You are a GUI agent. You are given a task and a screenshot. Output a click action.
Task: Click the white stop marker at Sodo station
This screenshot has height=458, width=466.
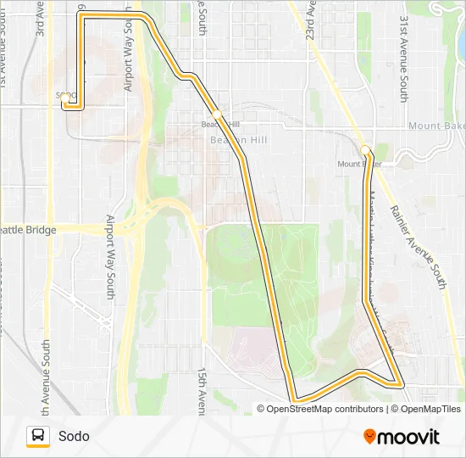(65, 98)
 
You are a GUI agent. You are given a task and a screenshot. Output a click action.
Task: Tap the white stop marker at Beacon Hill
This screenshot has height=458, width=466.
(217, 114)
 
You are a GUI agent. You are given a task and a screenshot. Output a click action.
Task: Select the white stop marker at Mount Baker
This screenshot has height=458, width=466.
(365, 150)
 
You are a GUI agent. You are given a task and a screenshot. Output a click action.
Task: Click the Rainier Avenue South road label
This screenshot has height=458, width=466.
(417, 246)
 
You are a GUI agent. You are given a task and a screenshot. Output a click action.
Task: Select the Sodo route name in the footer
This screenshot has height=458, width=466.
(74, 437)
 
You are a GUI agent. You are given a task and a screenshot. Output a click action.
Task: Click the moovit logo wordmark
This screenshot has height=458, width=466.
(409, 437)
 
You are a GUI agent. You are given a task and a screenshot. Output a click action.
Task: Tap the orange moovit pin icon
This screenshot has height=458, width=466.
(370, 436)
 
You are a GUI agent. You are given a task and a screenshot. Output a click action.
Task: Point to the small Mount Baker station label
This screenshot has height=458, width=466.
(358, 164)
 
